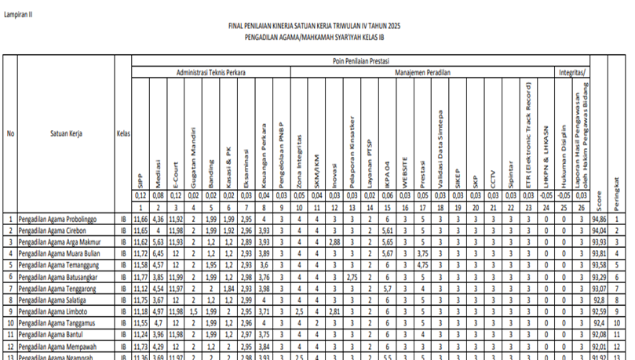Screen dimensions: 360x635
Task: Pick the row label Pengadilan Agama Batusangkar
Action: click(x=56, y=277)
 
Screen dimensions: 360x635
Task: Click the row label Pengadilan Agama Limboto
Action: click(x=50, y=311)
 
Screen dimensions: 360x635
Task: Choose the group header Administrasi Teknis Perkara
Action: click(x=210, y=72)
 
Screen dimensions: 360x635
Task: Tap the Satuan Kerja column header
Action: click(x=67, y=133)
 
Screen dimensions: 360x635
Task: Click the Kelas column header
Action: click(x=122, y=133)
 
